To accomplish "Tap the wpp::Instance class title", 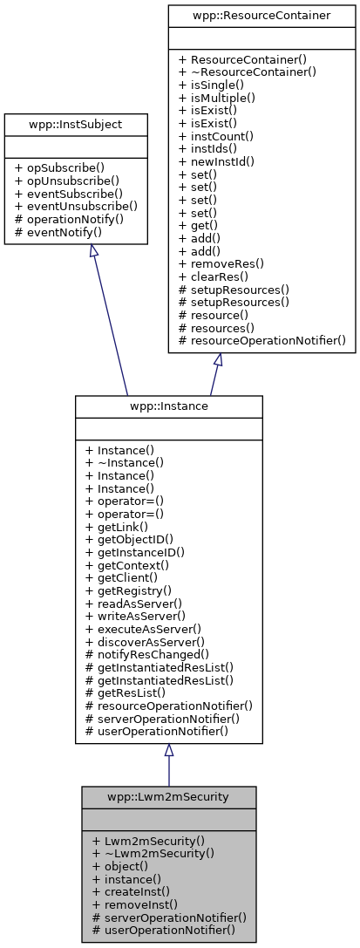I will (x=168, y=407).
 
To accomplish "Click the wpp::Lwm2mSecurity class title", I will (x=168, y=797).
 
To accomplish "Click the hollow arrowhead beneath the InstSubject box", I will (x=92, y=250).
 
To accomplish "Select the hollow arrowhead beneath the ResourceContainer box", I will (x=217, y=360).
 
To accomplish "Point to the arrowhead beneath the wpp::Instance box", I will (x=168, y=750).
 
